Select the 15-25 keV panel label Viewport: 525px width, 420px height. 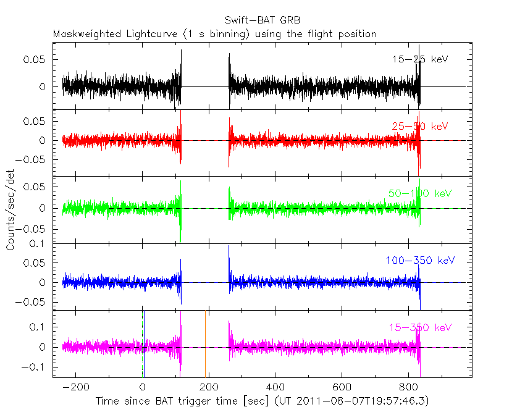(x=419, y=59)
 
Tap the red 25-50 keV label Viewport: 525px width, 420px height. (x=419, y=126)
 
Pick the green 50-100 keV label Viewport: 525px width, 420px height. (x=420, y=193)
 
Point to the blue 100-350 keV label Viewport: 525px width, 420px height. (x=420, y=260)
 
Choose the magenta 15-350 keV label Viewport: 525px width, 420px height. (x=420, y=327)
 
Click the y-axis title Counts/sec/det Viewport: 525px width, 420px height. (x=10, y=210)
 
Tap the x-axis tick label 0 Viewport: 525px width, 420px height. (x=143, y=388)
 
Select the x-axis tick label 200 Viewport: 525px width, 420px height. (x=209, y=388)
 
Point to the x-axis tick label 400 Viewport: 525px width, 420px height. (x=275, y=388)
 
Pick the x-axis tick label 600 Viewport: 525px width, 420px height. (x=342, y=388)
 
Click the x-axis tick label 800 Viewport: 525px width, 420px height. (x=408, y=388)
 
